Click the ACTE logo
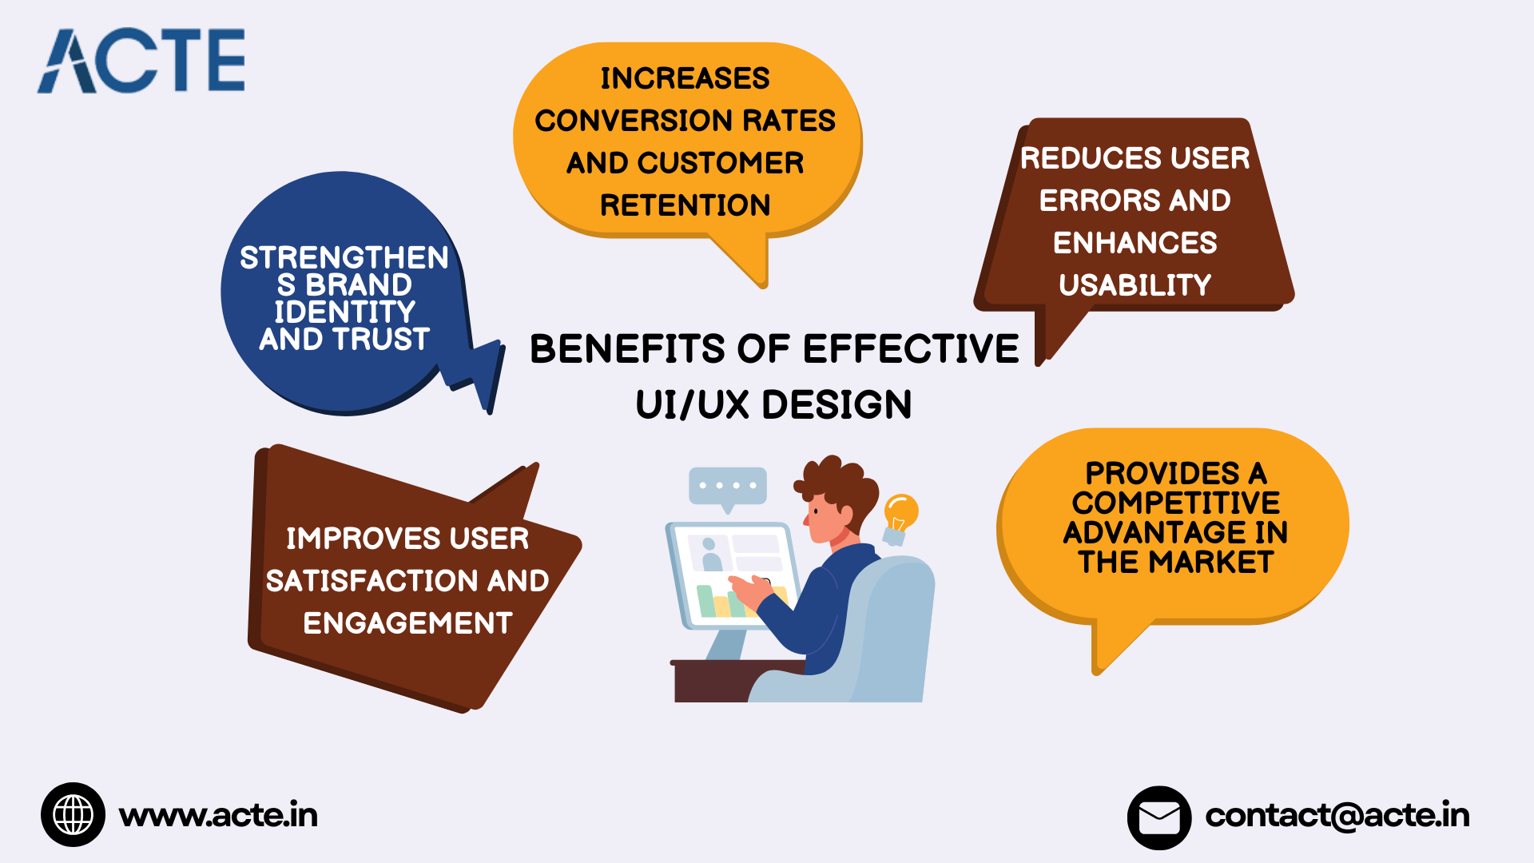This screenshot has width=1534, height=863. tap(141, 61)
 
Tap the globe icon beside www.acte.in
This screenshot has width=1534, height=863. tap(73, 814)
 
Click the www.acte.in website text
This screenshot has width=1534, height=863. tap(218, 815)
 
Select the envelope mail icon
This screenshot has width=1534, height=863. tap(1158, 817)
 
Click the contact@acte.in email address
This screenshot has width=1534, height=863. tap(1337, 815)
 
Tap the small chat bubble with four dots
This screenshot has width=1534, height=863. tap(727, 487)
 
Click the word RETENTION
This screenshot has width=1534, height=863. tap(685, 205)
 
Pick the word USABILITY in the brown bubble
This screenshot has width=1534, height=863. tap(1135, 285)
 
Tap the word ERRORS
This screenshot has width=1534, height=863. tap(1090, 201)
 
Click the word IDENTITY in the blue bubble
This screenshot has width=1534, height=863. tap(344, 312)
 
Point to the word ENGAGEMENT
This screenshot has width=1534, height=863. tap(407, 623)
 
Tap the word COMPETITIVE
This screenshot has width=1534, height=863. tap(1175, 503)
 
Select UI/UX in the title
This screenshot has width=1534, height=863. tap(692, 405)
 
